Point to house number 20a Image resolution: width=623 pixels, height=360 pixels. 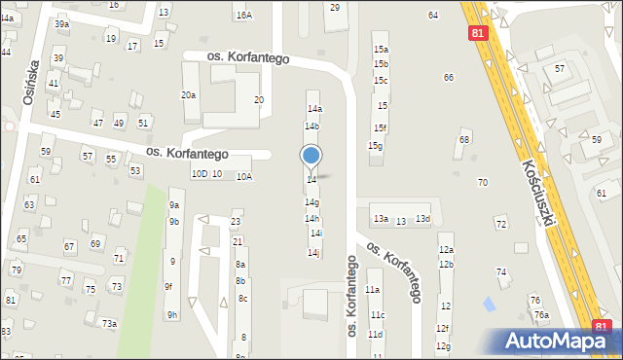tap(188, 95)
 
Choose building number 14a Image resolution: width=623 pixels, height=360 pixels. tap(313, 108)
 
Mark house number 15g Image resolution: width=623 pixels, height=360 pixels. tap(375, 146)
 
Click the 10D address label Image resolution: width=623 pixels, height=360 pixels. tap(199, 174)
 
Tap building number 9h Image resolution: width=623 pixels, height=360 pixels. tap(171, 314)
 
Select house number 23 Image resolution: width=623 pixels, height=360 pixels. tap(236, 222)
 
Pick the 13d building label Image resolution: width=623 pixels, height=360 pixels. tap(422, 220)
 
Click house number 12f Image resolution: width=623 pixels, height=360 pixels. tap(443, 329)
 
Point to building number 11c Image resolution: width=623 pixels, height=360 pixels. tap(376, 315)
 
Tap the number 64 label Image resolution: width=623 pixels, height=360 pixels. tap(432, 16)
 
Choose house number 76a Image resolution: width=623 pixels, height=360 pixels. tap(541, 315)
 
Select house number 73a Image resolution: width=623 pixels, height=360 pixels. tap(109, 323)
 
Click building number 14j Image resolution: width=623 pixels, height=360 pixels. tap(313, 253)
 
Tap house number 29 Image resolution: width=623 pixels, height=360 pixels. tap(335, 8)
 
